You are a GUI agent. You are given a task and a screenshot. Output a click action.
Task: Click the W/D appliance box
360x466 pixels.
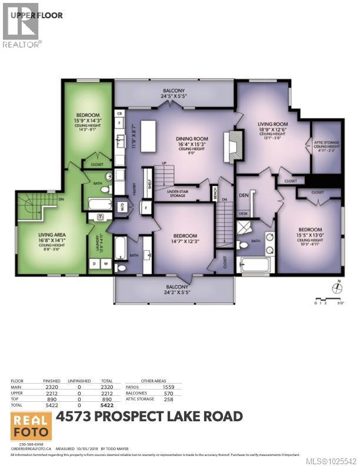(x=122, y=207)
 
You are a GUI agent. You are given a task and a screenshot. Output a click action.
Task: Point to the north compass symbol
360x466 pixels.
(x=337, y=288)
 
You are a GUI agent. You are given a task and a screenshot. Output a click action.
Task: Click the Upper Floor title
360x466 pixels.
(x=42, y=15)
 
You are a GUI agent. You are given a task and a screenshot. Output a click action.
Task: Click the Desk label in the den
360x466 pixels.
(x=243, y=214)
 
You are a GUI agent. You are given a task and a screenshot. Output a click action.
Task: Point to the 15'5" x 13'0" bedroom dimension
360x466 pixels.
(x=309, y=235)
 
